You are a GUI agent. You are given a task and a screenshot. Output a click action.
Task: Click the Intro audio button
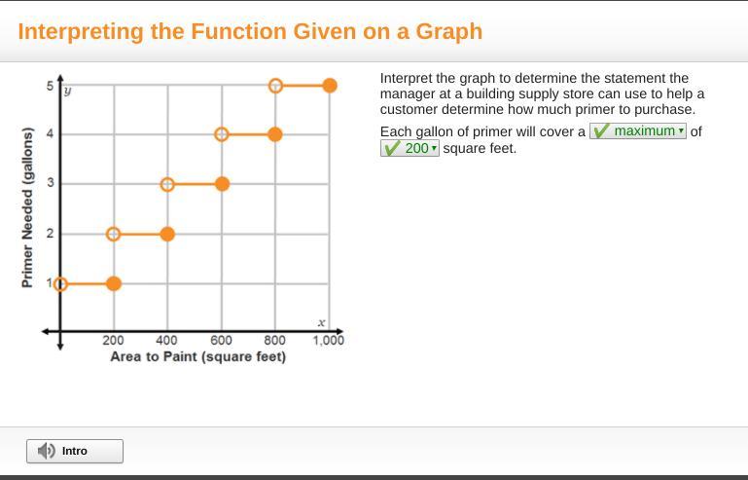point(75,451)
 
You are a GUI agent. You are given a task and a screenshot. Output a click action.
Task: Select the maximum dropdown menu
point(638,130)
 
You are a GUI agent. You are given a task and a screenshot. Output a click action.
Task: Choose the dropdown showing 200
point(410,148)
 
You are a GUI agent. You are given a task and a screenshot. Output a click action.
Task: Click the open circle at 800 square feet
point(275,86)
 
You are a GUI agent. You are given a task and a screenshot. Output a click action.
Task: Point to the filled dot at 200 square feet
point(114,283)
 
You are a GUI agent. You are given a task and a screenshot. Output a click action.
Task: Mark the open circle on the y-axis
point(60,284)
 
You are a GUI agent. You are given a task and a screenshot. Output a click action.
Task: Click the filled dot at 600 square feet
point(222,184)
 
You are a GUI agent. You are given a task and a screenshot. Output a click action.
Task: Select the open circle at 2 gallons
point(114,234)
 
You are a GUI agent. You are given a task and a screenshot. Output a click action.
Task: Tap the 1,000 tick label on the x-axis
point(328,340)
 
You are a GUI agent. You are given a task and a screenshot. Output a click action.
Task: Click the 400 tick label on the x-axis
point(167,340)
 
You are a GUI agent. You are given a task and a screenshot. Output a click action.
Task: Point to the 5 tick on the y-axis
point(50,86)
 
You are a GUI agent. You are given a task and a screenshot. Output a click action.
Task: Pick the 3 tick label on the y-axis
point(50,183)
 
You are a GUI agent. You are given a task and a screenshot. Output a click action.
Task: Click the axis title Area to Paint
point(198,356)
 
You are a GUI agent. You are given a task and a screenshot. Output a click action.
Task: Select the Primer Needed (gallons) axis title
point(27,207)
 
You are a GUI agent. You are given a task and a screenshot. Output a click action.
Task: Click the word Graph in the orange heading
point(448,31)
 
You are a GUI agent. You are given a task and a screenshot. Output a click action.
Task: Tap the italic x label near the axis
point(322,323)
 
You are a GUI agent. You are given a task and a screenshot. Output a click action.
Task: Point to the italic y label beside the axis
point(68,91)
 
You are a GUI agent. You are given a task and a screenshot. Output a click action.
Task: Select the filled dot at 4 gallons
point(275,134)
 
